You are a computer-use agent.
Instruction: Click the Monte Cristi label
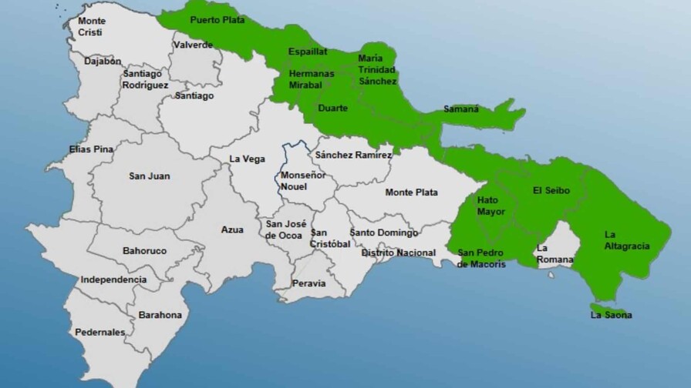click(92, 27)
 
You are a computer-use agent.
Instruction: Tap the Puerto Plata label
click(217, 19)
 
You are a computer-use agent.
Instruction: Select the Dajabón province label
click(99, 59)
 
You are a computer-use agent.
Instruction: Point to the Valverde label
click(193, 45)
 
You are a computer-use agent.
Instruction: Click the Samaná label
click(461, 109)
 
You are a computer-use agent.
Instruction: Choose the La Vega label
click(248, 159)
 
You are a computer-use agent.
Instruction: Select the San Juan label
click(149, 176)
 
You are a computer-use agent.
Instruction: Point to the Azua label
click(232, 229)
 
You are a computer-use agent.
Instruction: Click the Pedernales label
click(100, 333)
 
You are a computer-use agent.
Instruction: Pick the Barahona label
click(160, 315)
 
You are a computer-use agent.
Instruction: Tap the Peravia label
click(308, 283)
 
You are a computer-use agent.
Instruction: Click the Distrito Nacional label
click(399, 253)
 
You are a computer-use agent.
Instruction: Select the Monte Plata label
click(411, 192)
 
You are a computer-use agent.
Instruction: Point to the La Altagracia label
click(626, 240)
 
